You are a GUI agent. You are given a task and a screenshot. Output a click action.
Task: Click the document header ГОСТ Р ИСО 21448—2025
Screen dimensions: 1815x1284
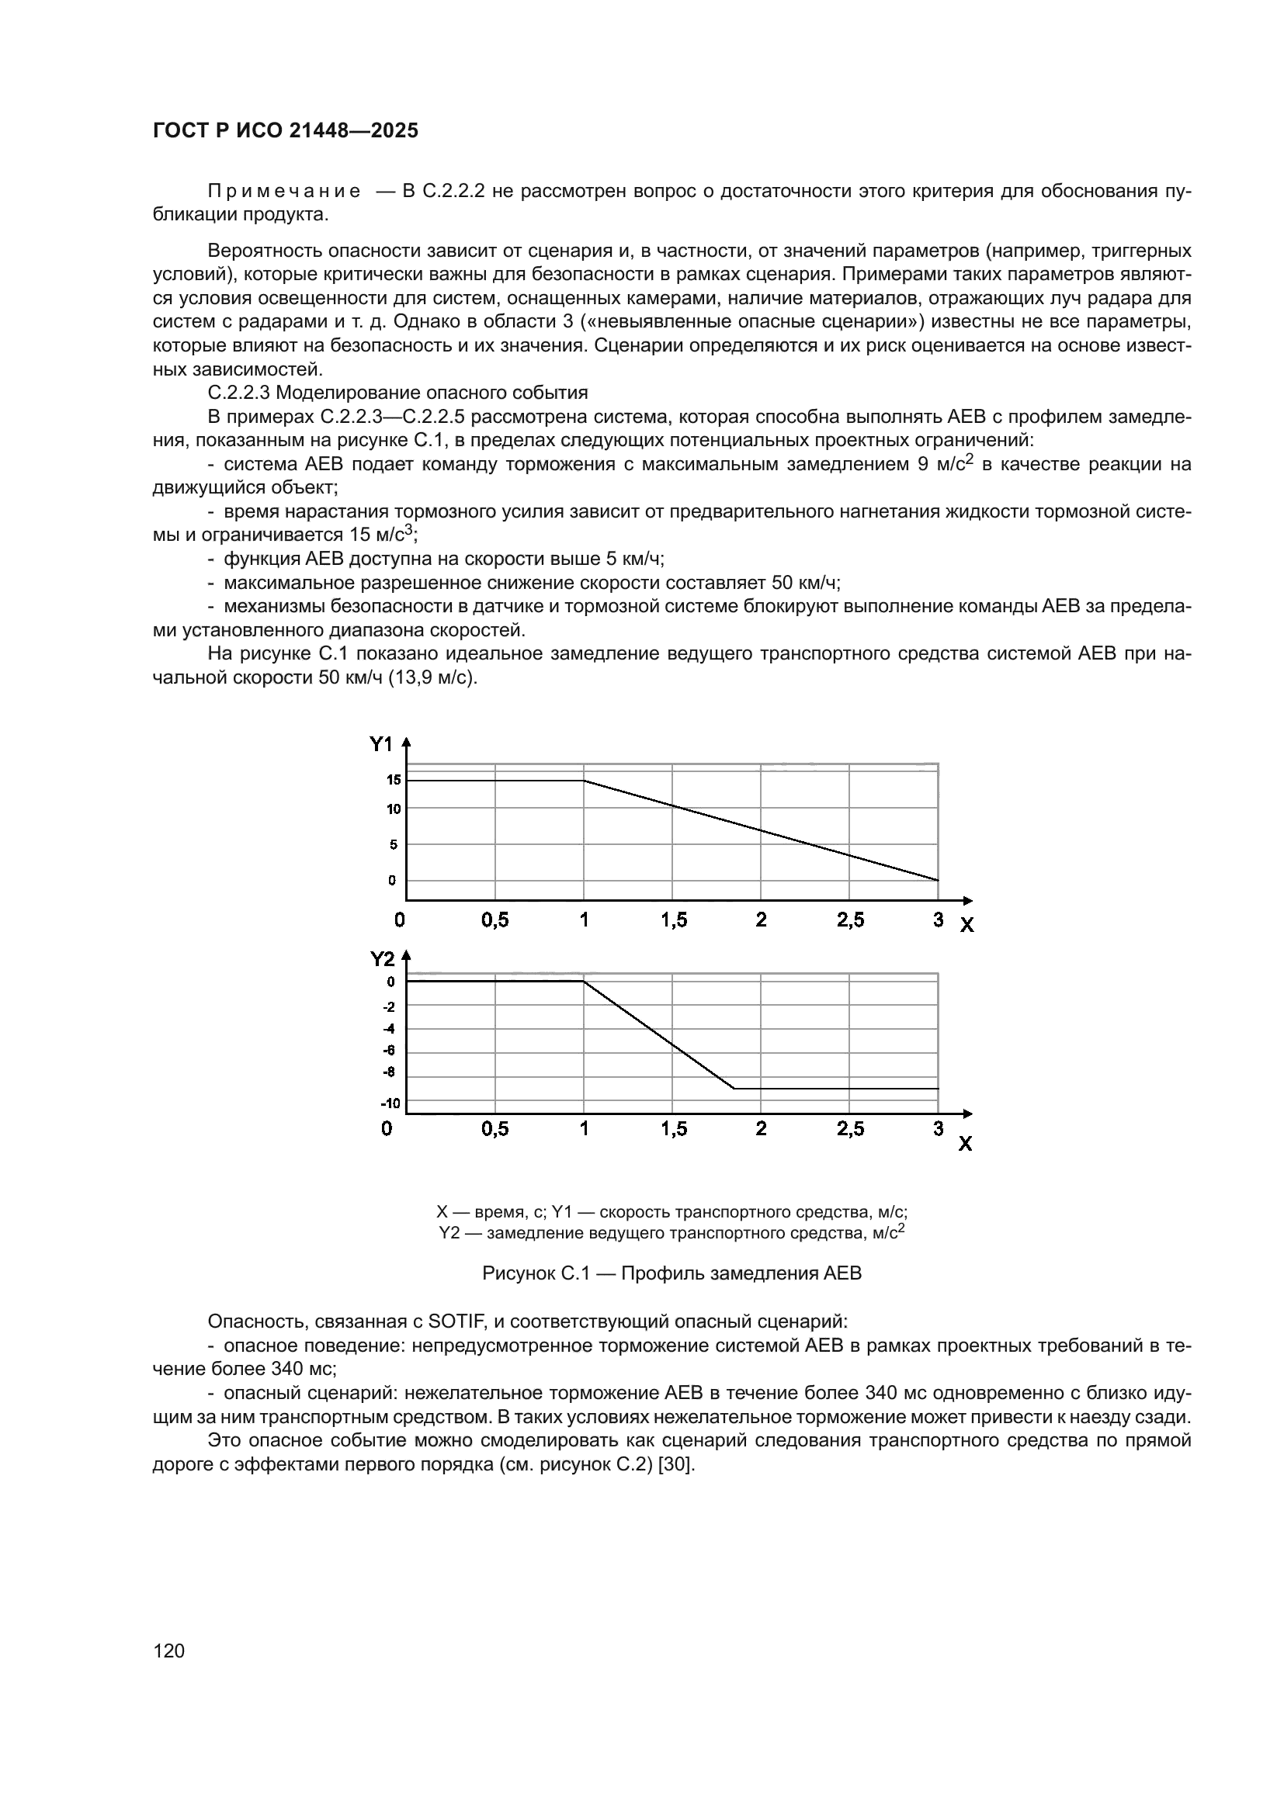click(x=285, y=130)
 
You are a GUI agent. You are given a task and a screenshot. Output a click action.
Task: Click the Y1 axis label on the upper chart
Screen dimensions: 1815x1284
click(x=381, y=744)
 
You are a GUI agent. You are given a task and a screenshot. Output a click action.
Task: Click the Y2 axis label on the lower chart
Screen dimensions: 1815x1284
click(x=382, y=959)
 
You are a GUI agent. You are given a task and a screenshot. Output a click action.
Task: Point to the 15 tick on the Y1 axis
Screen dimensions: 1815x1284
click(x=393, y=779)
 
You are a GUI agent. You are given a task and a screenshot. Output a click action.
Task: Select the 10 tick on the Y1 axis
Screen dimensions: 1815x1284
click(x=393, y=809)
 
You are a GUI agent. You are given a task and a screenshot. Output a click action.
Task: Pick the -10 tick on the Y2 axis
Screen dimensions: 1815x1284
click(x=390, y=1103)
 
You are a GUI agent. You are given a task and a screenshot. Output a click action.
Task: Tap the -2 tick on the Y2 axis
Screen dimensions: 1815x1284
click(x=389, y=1006)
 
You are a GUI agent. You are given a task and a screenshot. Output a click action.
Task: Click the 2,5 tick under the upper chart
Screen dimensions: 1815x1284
click(x=850, y=920)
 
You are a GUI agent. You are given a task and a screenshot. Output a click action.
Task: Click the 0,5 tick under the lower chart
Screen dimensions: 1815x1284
click(x=495, y=1129)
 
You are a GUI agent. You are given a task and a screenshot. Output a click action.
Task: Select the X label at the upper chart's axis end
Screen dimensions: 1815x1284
click(x=966, y=925)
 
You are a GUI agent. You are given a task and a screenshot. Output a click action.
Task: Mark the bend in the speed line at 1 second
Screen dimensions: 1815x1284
click(x=584, y=780)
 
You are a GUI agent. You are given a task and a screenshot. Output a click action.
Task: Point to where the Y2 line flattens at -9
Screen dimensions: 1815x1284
click(x=734, y=1089)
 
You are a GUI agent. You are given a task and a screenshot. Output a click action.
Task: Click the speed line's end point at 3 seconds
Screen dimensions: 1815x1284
click(x=938, y=880)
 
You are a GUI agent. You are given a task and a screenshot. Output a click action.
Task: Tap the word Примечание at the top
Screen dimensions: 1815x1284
click(x=284, y=192)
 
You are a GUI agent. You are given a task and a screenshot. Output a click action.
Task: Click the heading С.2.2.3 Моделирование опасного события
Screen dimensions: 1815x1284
click(x=397, y=393)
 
